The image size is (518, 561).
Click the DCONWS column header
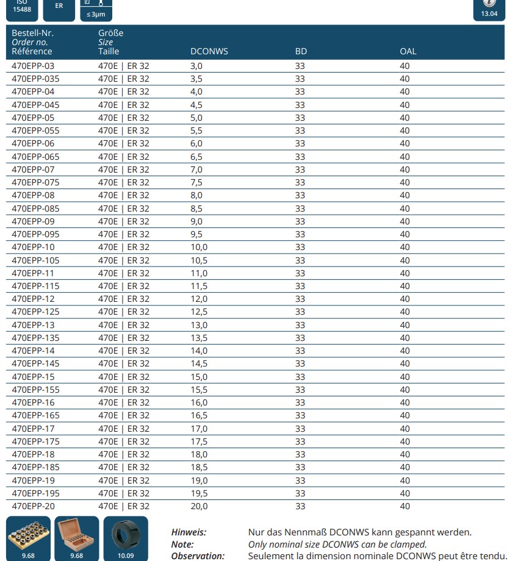209,51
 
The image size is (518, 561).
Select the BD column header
301,51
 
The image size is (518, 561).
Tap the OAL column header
408,51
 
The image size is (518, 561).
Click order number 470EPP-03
33,66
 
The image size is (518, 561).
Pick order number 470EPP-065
35,157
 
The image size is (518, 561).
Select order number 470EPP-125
35,312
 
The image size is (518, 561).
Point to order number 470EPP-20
33,506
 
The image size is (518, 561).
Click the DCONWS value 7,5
196,182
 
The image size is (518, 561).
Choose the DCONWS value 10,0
199,247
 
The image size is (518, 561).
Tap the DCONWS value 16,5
199,415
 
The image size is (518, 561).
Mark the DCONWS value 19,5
199,493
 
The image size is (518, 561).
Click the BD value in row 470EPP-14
300,351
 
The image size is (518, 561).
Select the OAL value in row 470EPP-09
405,221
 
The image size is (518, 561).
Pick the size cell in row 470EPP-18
123,454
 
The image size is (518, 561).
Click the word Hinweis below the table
189,532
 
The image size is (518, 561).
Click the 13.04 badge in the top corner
489,9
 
